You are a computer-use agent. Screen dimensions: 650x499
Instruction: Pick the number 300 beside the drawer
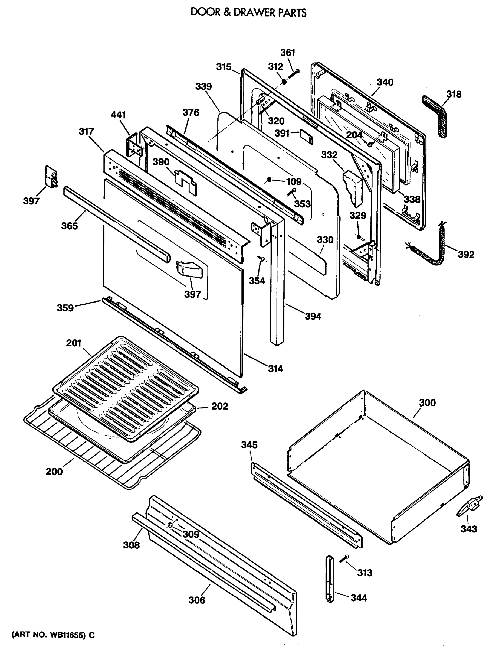click(x=427, y=403)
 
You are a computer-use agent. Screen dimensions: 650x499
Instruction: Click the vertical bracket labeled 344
click(x=330, y=579)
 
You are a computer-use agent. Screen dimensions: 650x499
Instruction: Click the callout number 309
click(x=191, y=534)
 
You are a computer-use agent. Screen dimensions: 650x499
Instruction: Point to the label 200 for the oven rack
click(x=54, y=472)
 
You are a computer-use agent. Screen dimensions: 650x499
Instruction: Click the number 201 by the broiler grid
click(x=73, y=343)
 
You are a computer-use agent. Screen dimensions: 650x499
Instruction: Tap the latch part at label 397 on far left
click(x=51, y=177)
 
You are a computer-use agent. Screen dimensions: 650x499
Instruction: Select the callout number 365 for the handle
click(x=69, y=226)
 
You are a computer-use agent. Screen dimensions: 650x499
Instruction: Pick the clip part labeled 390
click(x=185, y=183)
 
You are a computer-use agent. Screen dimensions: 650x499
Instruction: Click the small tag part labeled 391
click(x=306, y=136)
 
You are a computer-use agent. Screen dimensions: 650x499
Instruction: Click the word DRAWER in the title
click(x=255, y=12)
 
